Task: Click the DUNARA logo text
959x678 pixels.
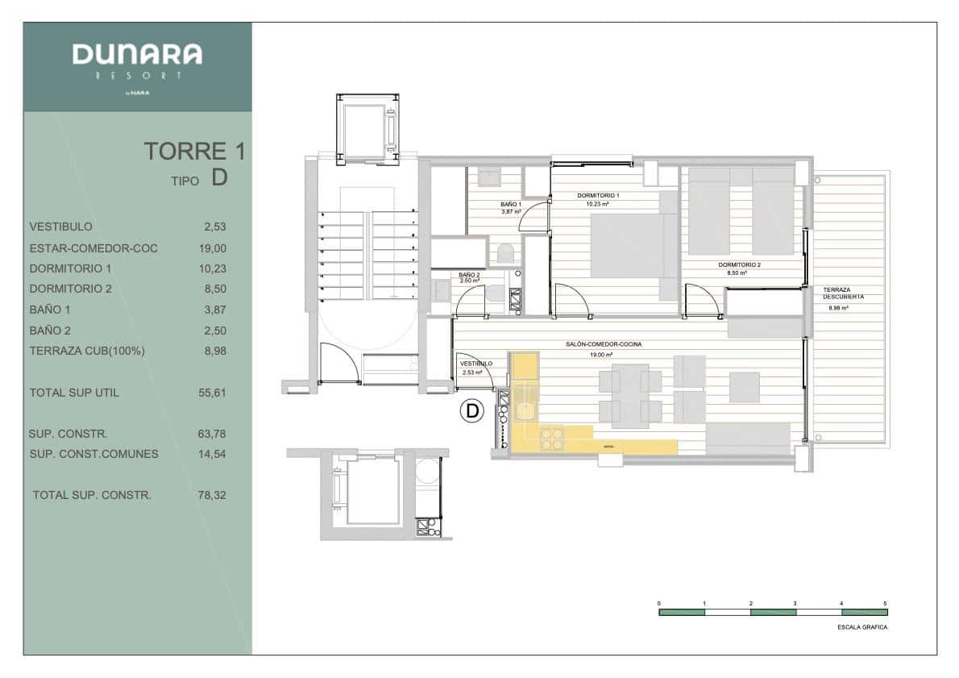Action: [137, 55]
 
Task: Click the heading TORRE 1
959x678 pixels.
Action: [194, 151]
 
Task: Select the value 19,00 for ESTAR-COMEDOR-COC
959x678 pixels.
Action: [214, 248]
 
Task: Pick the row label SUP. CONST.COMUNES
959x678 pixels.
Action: [93, 454]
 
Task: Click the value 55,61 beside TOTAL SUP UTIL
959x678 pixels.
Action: [213, 393]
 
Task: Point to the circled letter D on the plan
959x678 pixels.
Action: [471, 411]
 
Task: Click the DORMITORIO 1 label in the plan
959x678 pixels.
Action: [597, 196]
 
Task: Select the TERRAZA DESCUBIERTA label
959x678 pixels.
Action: [843, 293]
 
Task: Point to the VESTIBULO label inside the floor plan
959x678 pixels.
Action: [475, 364]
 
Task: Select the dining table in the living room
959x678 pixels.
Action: [629, 395]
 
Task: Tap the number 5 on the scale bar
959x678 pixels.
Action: [886, 603]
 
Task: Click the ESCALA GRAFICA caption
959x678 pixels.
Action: [863, 627]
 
